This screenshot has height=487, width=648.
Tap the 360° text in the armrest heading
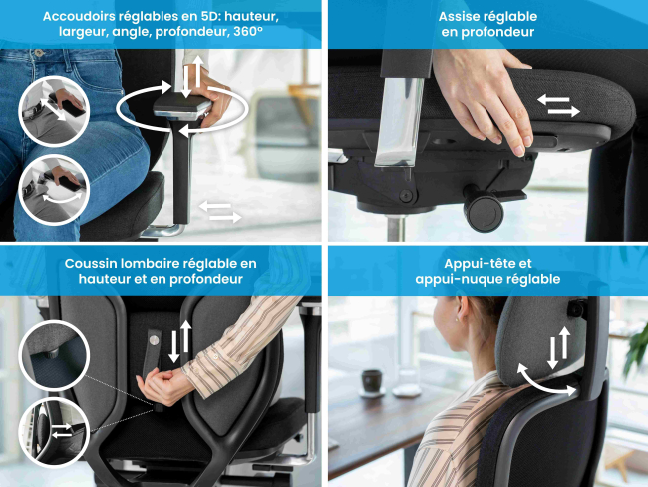tap(248, 32)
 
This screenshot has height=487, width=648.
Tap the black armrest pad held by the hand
tap(181, 108)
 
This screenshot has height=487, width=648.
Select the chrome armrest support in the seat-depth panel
tap(400, 121)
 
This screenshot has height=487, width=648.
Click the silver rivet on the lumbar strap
tap(154, 340)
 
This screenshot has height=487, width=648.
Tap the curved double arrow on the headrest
tap(546, 380)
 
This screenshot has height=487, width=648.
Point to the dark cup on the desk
tap(372, 381)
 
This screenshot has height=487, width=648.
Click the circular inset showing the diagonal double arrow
tap(54, 111)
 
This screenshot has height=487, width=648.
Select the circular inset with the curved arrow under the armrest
tap(54, 190)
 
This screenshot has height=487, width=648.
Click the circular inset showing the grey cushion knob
tap(54, 356)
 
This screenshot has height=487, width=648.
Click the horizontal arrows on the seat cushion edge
tap(558, 105)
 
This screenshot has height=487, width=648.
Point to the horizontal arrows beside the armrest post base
tap(220, 212)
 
